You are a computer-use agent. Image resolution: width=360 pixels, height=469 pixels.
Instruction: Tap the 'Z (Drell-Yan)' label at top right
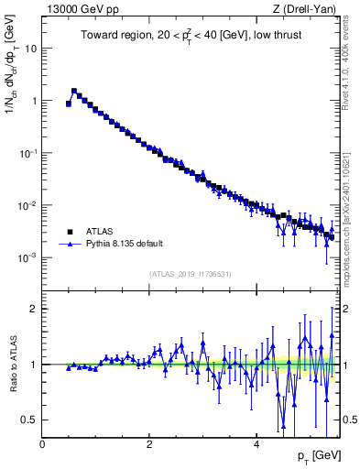tap(308, 10)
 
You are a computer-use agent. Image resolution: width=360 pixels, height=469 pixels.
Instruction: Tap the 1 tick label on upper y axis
tap(34, 101)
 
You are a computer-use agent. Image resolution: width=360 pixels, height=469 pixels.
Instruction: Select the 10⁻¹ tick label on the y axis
tap(28, 153)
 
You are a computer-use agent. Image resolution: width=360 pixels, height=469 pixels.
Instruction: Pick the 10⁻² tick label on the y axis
tap(28, 205)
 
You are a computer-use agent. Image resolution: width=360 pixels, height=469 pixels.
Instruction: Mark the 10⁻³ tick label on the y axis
tap(28, 257)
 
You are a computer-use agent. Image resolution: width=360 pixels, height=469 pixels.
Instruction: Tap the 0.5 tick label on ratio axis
tap(30, 420)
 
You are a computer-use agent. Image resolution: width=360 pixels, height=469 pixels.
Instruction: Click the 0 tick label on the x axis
tap(42, 443)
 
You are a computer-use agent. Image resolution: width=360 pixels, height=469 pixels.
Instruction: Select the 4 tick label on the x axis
tap(256, 443)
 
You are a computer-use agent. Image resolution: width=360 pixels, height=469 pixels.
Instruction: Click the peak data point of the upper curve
tap(74, 91)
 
